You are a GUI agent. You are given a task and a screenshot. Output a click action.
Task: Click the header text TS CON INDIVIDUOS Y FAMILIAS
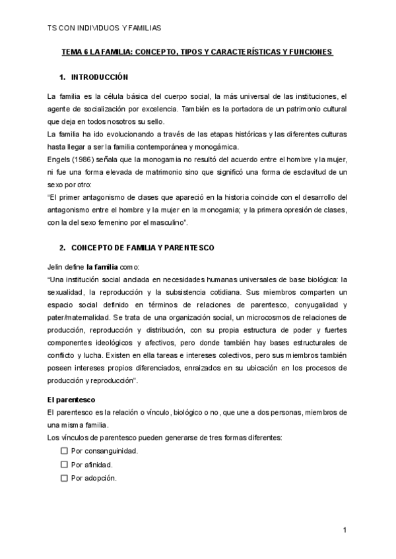click(x=105, y=28)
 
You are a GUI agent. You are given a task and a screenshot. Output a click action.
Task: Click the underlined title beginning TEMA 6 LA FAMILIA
click(x=197, y=51)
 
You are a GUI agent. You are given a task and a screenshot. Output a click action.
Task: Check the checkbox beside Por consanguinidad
click(x=64, y=451)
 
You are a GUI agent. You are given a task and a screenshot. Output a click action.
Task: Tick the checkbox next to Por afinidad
click(x=64, y=464)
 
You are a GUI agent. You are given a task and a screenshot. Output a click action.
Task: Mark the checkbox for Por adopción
click(x=64, y=478)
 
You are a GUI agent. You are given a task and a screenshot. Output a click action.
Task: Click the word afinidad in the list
click(x=98, y=464)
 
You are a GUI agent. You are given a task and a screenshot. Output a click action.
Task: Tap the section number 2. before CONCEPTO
click(x=62, y=248)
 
